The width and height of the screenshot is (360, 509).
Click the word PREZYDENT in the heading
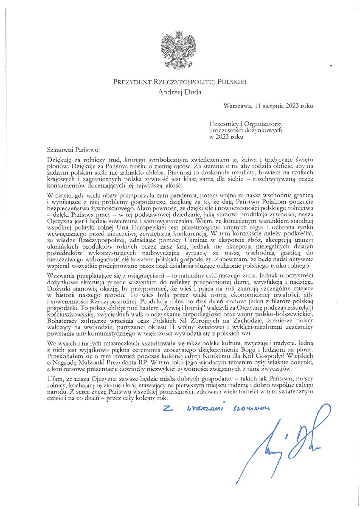pos(130,82)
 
